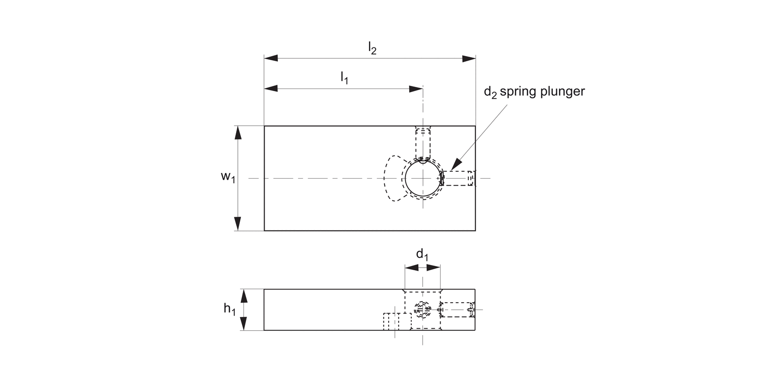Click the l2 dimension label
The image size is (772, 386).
coord(372,48)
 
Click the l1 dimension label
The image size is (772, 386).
coord(344,78)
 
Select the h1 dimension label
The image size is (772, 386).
coord(230,309)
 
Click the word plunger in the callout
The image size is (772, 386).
coord(563,92)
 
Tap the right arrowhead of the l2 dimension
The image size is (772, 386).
coord(469,59)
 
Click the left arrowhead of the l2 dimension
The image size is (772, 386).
coord(271,59)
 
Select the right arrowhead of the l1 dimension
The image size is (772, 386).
coord(416,89)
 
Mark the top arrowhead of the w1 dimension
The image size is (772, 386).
coord(238,132)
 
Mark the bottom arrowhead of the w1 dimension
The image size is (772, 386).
coord(238,224)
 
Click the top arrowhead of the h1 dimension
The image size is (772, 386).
coord(245,295)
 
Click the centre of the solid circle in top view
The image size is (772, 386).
coord(423,178)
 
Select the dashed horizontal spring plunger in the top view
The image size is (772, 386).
coord(459,178)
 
